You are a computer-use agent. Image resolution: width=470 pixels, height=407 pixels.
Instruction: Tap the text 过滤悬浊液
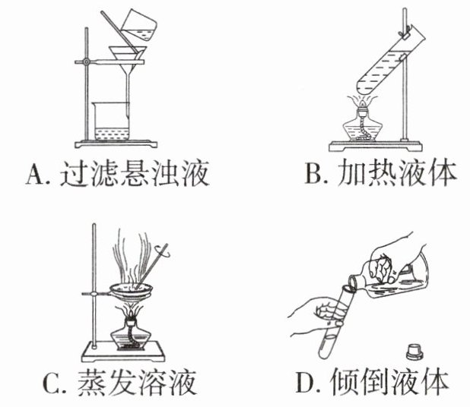tap(130, 175)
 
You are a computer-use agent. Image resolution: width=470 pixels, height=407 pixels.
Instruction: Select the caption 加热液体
tap(395, 175)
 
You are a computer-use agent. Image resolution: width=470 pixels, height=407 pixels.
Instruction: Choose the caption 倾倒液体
tap(395, 381)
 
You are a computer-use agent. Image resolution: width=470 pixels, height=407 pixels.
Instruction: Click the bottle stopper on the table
tap(414, 351)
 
